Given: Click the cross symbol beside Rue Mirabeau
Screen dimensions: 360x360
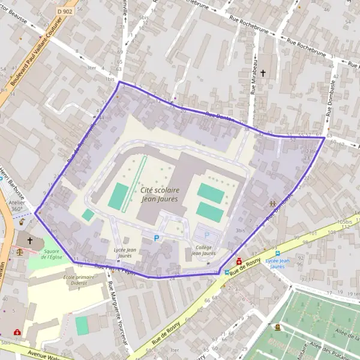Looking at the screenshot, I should [262, 73].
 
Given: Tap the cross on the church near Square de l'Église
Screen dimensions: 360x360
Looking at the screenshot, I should [29, 240].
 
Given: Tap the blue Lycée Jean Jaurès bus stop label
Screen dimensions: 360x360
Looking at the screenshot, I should [278, 265].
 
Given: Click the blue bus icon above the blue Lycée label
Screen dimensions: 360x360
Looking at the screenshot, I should [278, 253].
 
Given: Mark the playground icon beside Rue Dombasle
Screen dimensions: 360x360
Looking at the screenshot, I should [273, 205].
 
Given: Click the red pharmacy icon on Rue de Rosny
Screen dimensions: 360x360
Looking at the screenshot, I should [239, 261].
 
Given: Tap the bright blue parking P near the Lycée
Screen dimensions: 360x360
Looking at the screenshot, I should [157, 238].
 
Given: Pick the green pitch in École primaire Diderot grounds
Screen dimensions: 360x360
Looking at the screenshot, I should [82, 326].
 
